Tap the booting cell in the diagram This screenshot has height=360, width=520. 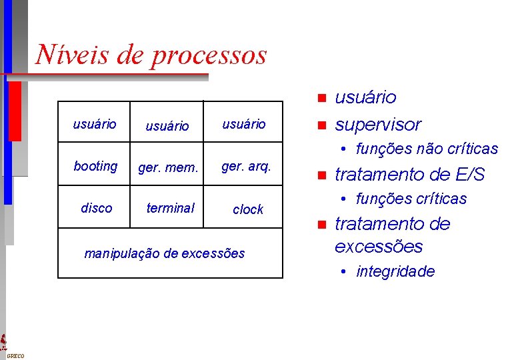tap(95, 166)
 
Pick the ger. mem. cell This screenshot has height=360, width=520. tap(168, 167)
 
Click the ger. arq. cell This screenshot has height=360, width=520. tap(246, 165)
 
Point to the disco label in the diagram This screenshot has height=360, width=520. tap(96, 208)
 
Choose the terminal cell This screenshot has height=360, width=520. tap(170, 208)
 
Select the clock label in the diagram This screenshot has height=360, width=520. tap(248, 209)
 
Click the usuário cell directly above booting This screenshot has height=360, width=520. tap(94, 124)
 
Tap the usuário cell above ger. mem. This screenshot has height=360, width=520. tap(167, 125)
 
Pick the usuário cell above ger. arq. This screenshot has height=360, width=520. tap(243, 124)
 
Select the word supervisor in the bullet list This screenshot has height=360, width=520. tap(378, 124)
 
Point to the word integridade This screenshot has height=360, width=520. tap(395, 271)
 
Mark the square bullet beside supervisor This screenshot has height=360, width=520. tap(321, 125)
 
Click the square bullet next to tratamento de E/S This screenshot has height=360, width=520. tap(321, 175)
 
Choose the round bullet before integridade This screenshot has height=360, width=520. tap(341, 271)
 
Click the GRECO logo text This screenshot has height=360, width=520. tap(15, 356)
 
